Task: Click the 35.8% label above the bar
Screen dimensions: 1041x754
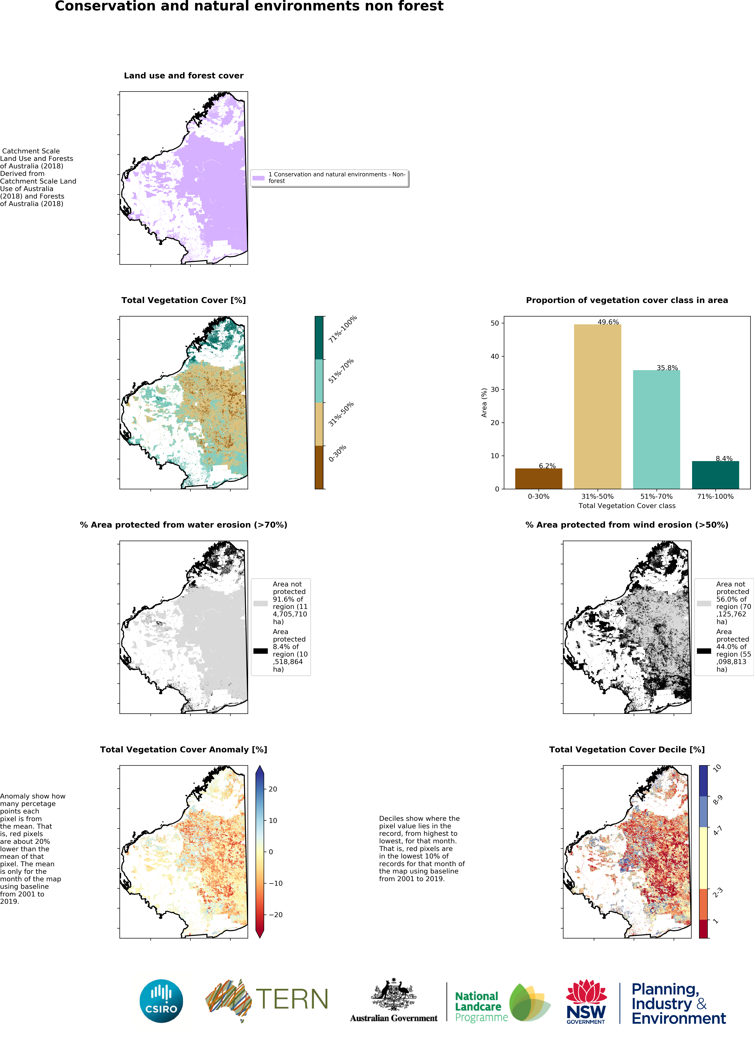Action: [667, 368]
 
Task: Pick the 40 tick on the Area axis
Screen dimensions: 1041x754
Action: [495, 356]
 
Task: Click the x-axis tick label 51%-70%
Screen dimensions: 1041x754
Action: [656, 496]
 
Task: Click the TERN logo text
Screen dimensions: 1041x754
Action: [292, 999]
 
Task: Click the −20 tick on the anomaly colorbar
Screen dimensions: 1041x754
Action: [275, 914]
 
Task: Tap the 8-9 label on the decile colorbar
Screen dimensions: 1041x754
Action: [717, 800]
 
